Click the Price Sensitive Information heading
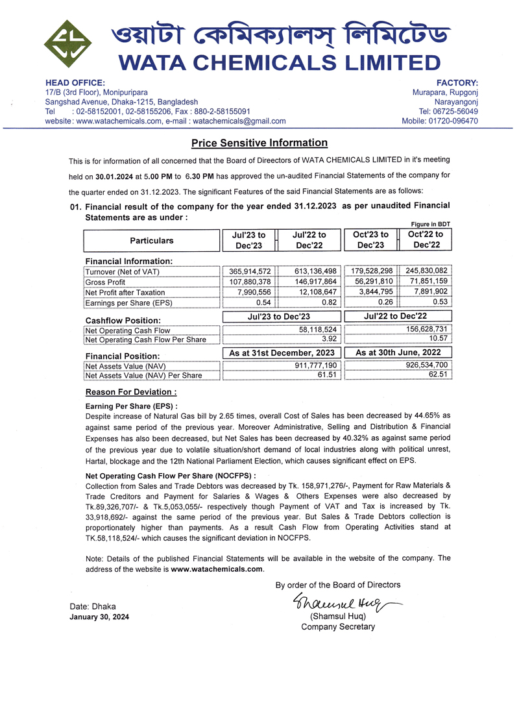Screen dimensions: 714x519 pos(259,143)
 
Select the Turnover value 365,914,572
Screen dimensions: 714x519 pos(250,271)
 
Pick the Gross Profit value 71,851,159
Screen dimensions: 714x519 pos(426,282)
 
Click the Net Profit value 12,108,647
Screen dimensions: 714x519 pos(314,292)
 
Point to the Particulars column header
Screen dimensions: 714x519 pos(152,241)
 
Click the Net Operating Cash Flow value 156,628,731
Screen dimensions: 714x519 pos(426,330)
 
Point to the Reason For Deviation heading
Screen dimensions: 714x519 pos(131,393)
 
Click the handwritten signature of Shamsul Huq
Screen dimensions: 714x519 pos(337,603)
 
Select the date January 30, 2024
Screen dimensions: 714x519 pos(99,617)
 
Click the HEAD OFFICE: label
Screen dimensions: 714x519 pos(75,83)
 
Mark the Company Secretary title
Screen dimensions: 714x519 pos(338,627)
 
